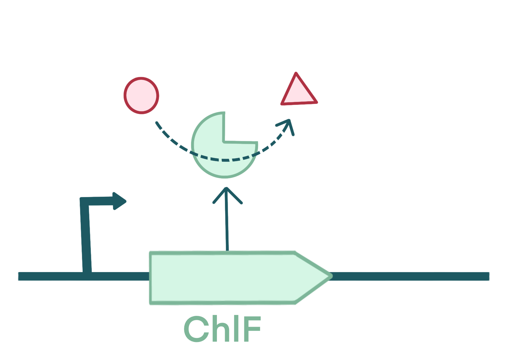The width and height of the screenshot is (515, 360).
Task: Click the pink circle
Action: [x=141, y=95]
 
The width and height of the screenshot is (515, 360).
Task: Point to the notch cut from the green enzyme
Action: [x=239, y=127]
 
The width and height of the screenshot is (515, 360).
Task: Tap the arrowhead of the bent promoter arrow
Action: [x=120, y=201]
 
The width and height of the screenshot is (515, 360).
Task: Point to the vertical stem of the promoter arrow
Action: [x=86, y=239]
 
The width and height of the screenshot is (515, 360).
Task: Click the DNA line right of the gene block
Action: [x=410, y=276]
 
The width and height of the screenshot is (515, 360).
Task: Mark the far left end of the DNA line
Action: [x=19, y=276]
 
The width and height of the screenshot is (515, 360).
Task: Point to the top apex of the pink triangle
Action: [x=296, y=74]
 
